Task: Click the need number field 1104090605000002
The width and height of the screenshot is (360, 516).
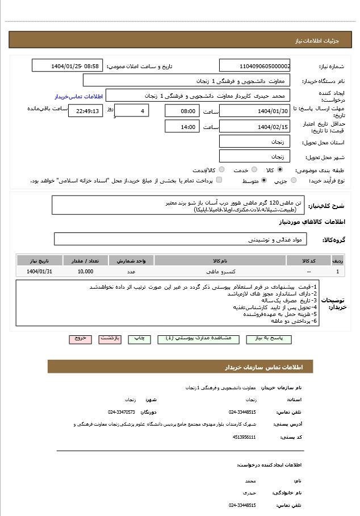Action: [x=254, y=66]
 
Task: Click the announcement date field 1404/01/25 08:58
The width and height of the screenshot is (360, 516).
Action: [x=67, y=66]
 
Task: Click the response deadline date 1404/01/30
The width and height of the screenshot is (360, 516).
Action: [x=254, y=111]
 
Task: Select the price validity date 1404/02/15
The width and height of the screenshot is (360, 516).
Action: [x=254, y=127]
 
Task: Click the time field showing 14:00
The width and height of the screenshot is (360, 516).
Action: [x=182, y=127]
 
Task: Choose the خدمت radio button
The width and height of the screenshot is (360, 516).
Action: [x=254, y=169]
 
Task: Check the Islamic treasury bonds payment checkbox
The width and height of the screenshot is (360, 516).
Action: [x=219, y=180]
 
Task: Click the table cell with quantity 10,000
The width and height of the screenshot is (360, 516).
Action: [x=86, y=272]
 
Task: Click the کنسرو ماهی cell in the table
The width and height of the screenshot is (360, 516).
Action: [x=220, y=272]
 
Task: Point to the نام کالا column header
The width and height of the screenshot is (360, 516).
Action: [x=220, y=261]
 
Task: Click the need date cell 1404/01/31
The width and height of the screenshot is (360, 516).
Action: [x=39, y=272]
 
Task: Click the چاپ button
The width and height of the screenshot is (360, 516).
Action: [x=139, y=338]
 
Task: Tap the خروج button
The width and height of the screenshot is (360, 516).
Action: [x=80, y=338]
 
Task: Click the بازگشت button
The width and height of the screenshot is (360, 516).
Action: [x=110, y=338]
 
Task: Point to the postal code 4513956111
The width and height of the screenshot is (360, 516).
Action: [x=244, y=437]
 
